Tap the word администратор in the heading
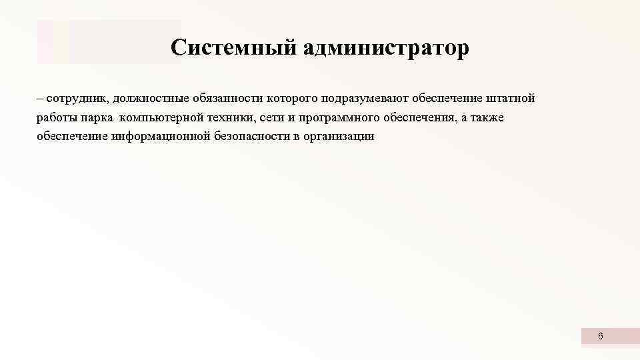386,48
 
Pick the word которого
293,99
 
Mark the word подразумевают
365,99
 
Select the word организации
341,137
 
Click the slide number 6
600,337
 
